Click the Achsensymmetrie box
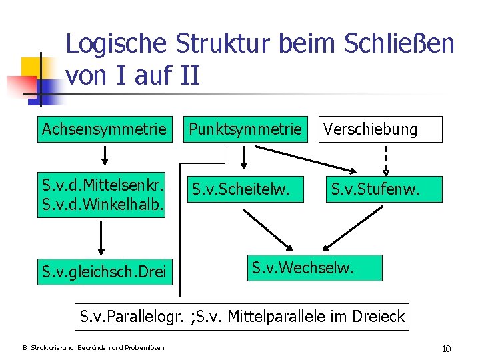point(104,129)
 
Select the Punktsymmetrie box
point(244,129)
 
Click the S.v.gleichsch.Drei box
point(104,272)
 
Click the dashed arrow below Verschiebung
point(387,159)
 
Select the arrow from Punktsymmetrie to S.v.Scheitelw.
point(244,157)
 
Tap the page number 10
point(446,348)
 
